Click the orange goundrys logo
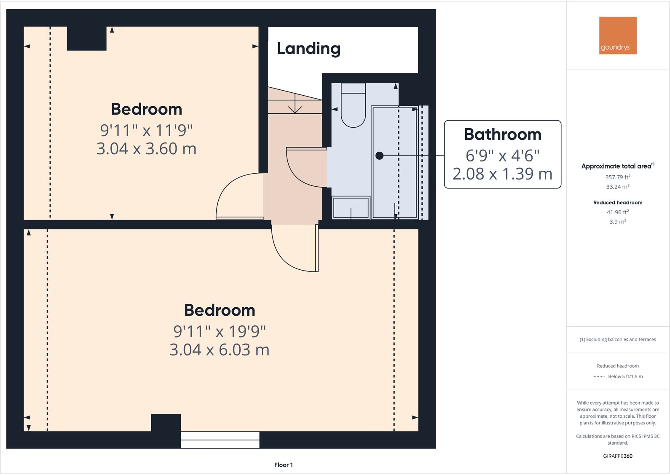[618, 35]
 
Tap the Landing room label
[309, 48]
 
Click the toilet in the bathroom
[353, 105]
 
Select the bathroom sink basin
[351, 208]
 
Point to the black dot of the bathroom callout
[380, 156]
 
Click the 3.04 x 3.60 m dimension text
[146, 149]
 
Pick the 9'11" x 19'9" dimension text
[220, 331]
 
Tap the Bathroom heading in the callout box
[502, 134]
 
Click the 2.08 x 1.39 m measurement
[502, 174]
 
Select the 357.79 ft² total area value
[618, 177]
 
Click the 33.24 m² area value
[618, 187]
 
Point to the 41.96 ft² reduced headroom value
[618, 212]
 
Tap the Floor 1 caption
[284, 465]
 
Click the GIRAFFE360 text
[618, 456]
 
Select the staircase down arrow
[295, 104]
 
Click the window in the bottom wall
[220, 440]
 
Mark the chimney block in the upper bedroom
[86, 38]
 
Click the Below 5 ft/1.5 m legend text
[625, 376]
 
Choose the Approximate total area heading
[618, 166]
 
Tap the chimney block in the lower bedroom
[166, 423]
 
